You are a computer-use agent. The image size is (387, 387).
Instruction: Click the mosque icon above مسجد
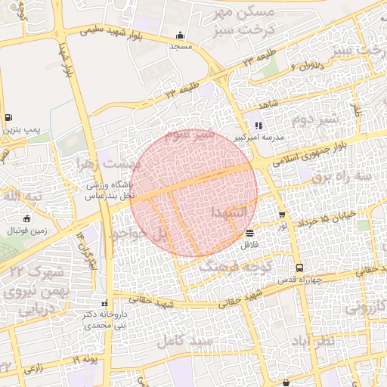click(x=180, y=35)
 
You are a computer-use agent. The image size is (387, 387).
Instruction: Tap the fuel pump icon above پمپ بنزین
click(x=8, y=117)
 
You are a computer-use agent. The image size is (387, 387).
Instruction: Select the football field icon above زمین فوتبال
click(x=28, y=218)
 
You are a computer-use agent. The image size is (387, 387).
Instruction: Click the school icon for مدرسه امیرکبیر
click(x=259, y=125)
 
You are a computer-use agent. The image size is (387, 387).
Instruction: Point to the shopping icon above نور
click(x=282, y=215)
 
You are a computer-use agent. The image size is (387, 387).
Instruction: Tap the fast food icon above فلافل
click(x=250, y=234)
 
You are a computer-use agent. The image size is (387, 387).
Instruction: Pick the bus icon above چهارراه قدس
click(x=300, y=268)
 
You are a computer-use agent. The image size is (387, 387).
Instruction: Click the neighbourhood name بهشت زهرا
click(x=110, y=164)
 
